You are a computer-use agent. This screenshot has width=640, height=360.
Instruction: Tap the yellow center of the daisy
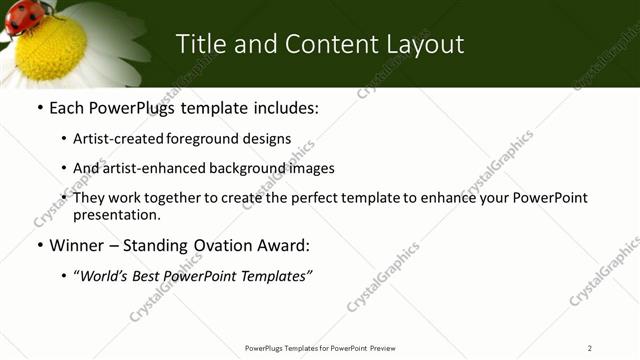pyautogui.click(x=51, y=47)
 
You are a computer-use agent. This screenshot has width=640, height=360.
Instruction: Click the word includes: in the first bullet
pyautogui.click(x=284, y=107)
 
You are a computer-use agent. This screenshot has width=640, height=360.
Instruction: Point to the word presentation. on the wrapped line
pyautogui.click(x=116, y=214)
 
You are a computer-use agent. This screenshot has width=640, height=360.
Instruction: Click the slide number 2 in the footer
pyautogui.click(x=590, y=347)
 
